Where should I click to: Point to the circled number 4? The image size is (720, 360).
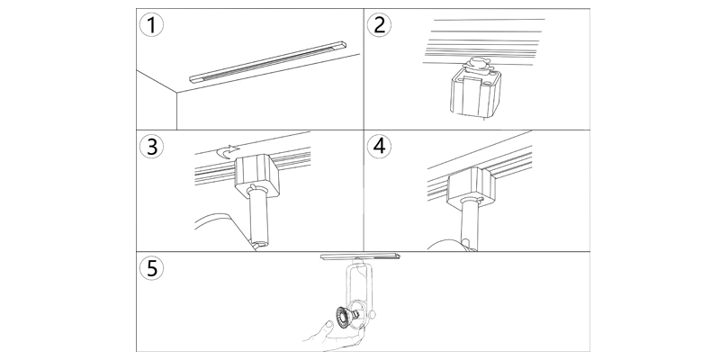click(x=382, y=147)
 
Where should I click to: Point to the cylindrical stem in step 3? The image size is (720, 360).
click(x=258, y=220)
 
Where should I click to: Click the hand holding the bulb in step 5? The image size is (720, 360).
click(x=319, y=337)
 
